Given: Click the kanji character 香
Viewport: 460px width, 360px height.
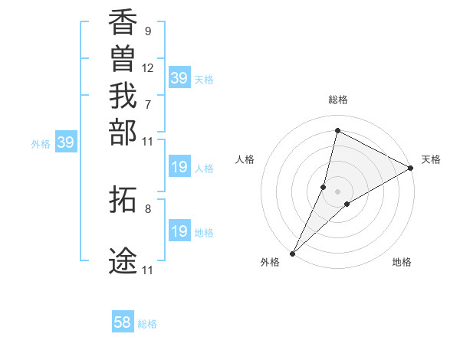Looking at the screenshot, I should pos(123,24).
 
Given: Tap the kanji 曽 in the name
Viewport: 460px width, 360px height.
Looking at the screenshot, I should pos(123,61).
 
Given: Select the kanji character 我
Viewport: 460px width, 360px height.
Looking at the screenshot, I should pos(123,97).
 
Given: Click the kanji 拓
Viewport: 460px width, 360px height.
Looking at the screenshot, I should pos(123,199).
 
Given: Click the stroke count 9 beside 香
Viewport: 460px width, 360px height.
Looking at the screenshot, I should pos(147,31).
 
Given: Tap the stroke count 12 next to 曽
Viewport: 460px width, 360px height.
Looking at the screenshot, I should pos(148,67).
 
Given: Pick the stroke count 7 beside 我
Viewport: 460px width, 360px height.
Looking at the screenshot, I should pos(147,104).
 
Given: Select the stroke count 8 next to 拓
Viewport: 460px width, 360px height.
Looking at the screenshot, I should pos(147,208).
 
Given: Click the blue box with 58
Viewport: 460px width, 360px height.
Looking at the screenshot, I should pos(123,322).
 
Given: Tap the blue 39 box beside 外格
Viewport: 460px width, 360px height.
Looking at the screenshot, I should pos(66,142).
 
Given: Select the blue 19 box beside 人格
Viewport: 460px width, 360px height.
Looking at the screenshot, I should pos(179,168).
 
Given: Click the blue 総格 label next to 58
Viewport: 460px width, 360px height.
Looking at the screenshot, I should pos(147,324).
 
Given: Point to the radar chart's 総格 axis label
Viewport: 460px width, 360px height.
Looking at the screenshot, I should pos(338,100).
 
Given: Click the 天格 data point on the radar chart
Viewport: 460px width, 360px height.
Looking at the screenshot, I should pos(411,169).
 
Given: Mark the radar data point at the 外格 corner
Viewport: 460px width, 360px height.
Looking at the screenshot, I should pos(293,253).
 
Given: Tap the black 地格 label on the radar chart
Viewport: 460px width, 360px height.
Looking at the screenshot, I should pos(402,263).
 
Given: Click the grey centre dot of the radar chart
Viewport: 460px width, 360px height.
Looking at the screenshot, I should pos(338,191).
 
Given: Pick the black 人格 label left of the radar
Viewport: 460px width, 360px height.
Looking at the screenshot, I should pos(245,159).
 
